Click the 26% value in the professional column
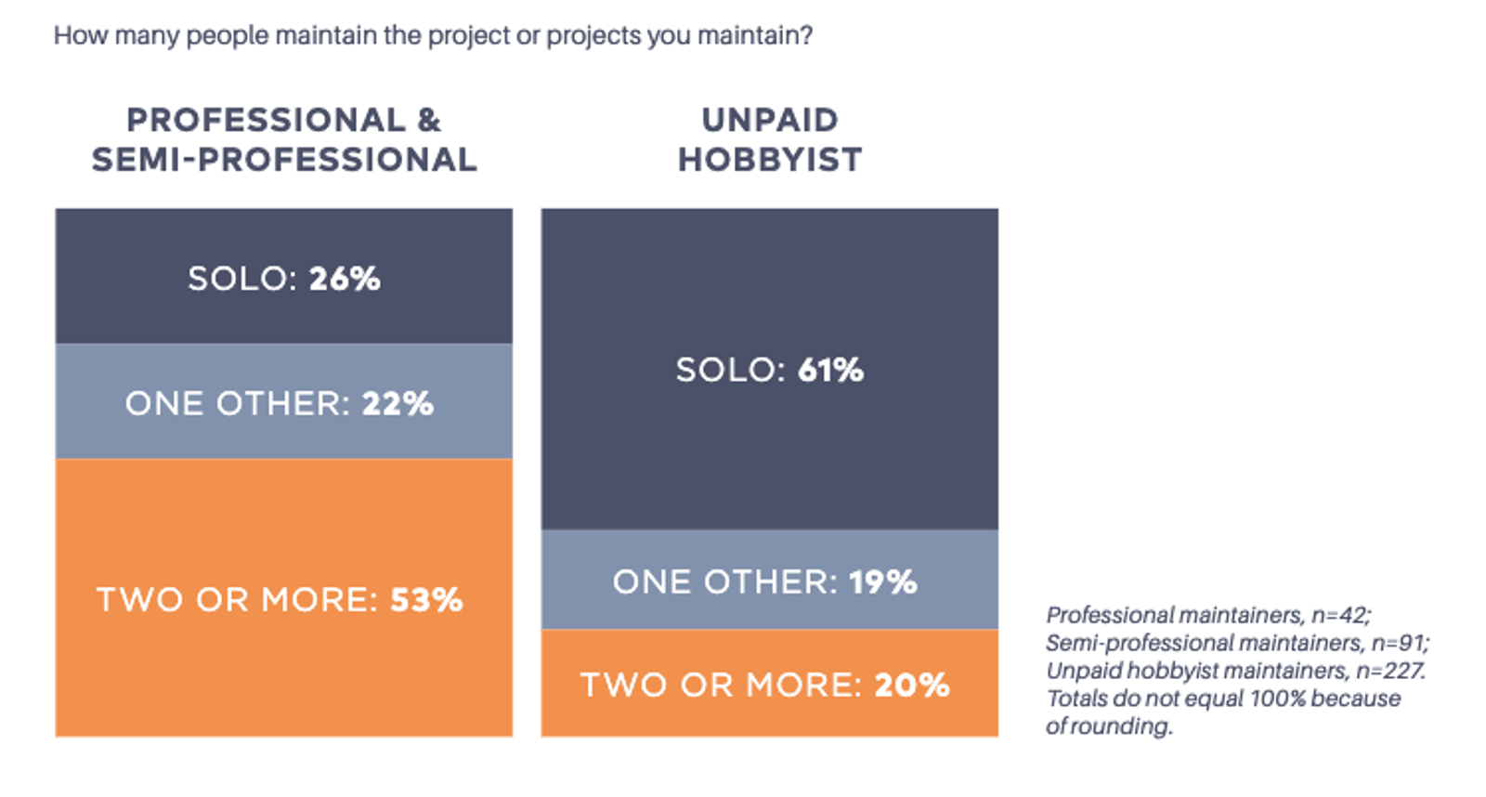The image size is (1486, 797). click(x=345, y=278)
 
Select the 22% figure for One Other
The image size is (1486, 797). click(x=398, y=403)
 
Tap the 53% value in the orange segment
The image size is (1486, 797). click(x=426, y=600)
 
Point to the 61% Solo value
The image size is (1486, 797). click(x=831, y=370)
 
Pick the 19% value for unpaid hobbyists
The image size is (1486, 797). click(x=883, y=582)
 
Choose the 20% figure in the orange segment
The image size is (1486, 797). click(x=912, y=685)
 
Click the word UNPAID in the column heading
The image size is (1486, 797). click(x=770, y=120)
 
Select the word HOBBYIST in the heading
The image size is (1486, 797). click(x=770, y=160)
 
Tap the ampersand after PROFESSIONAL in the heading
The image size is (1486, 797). click(x=429, y=120)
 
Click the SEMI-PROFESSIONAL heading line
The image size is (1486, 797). click(x=284, y=160)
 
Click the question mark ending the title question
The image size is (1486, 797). click(x=806, y=34)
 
